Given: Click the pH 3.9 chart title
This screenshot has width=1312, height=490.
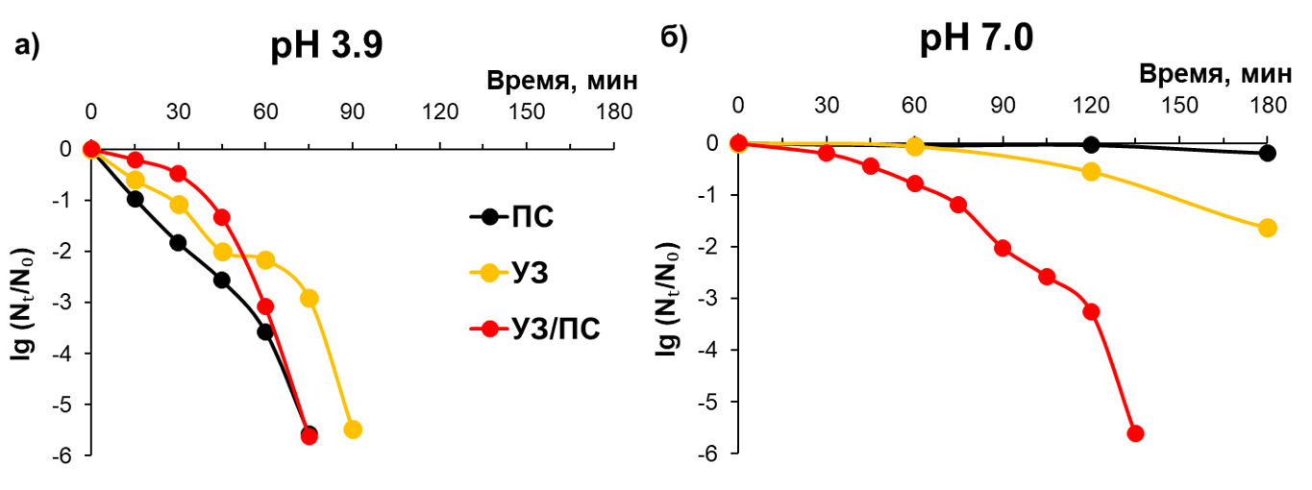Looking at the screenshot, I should pos(324,45).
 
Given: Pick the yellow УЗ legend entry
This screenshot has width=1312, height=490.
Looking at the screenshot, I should pos(530,273).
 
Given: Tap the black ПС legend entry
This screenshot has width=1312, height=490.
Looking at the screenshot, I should pos(532,216).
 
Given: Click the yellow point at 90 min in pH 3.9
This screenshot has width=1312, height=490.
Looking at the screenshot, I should pos(353,429).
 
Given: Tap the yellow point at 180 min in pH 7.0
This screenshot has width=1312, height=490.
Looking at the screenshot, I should pos(1267,228).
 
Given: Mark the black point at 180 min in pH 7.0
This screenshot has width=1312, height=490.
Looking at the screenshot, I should pos(1267,153).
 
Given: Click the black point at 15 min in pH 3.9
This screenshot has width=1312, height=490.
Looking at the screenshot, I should pos(135,199).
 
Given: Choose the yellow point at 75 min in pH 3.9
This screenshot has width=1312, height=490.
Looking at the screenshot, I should pos(309,299).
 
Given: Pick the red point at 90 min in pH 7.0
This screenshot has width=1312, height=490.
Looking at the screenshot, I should pos(1003,248).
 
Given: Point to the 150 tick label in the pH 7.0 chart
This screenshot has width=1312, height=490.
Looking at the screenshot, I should pos(1178,104).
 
